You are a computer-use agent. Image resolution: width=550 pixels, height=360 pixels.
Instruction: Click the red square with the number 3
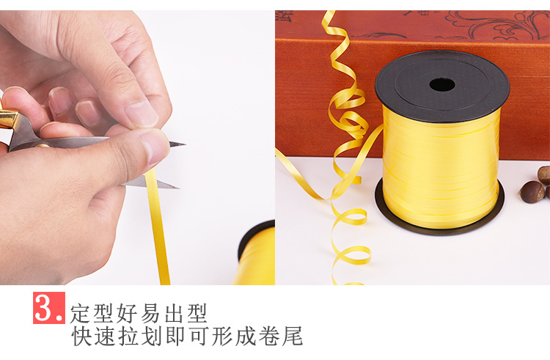(x=49, y=308)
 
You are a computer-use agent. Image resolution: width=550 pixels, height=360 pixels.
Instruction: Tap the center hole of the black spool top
(x=442, y=85)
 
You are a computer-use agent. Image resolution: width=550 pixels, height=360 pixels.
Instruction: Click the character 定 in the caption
(x=81, y=313)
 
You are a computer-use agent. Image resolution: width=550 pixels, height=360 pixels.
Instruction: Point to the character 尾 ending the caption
(x=292, y=336)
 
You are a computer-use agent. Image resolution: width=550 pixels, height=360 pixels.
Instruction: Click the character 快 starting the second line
(x=81, y=336)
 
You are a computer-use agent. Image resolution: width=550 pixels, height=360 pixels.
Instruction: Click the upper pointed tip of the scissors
(x=185, y=144)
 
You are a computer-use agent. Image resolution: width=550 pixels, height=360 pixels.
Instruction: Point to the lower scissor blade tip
(x=179, y=188)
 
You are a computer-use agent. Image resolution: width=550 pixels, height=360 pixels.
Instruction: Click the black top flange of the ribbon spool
(x=442, y=86)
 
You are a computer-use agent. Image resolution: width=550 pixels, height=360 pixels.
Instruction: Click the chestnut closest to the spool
(x=532, y=192)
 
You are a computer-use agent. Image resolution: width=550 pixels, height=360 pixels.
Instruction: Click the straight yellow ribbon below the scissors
(x=158, y=228)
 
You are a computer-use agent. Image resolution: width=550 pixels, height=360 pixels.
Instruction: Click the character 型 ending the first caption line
(x=197, y=313)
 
